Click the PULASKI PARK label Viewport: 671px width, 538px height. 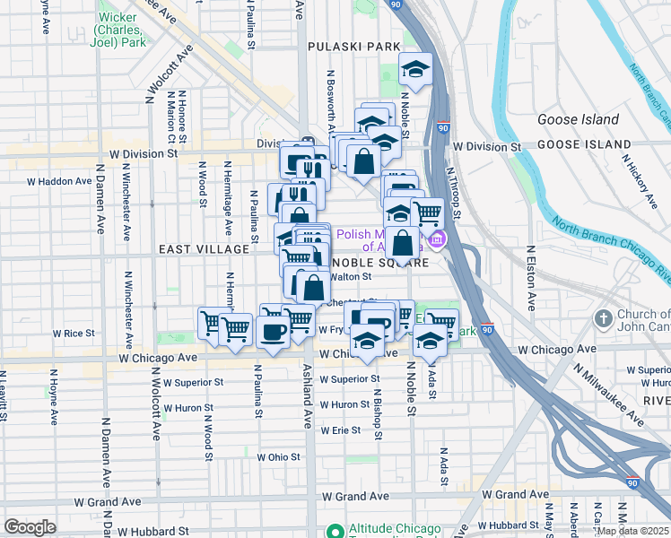tap(353, 47)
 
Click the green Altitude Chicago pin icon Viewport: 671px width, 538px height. tap(334, 530)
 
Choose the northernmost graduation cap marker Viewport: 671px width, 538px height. tap(416, 69)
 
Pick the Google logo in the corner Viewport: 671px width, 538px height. tap(30, 527)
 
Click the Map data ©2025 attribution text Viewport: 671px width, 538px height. tap(632, 531)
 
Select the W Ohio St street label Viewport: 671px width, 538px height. tap(279, 457)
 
